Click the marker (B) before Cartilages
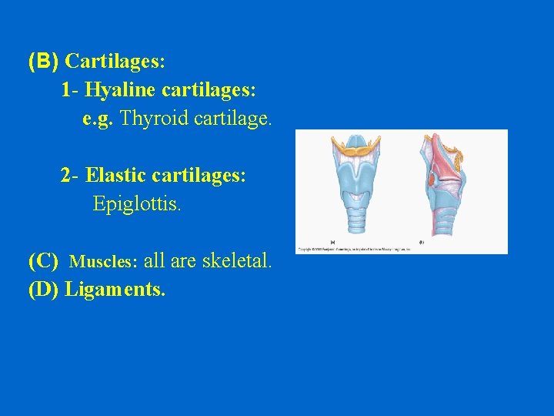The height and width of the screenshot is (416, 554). (43, 60)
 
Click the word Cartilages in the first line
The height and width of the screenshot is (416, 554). (115, 60)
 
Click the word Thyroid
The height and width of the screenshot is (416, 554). (155, 119)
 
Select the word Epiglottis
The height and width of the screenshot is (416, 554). (137, 204)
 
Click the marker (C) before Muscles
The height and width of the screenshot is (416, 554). (43, 261)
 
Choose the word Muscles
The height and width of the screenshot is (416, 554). (103, 262)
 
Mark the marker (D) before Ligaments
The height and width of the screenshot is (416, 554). (43, 290)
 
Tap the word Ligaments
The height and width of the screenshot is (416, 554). (115, 290)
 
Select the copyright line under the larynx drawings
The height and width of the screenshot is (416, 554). (354, 249)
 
